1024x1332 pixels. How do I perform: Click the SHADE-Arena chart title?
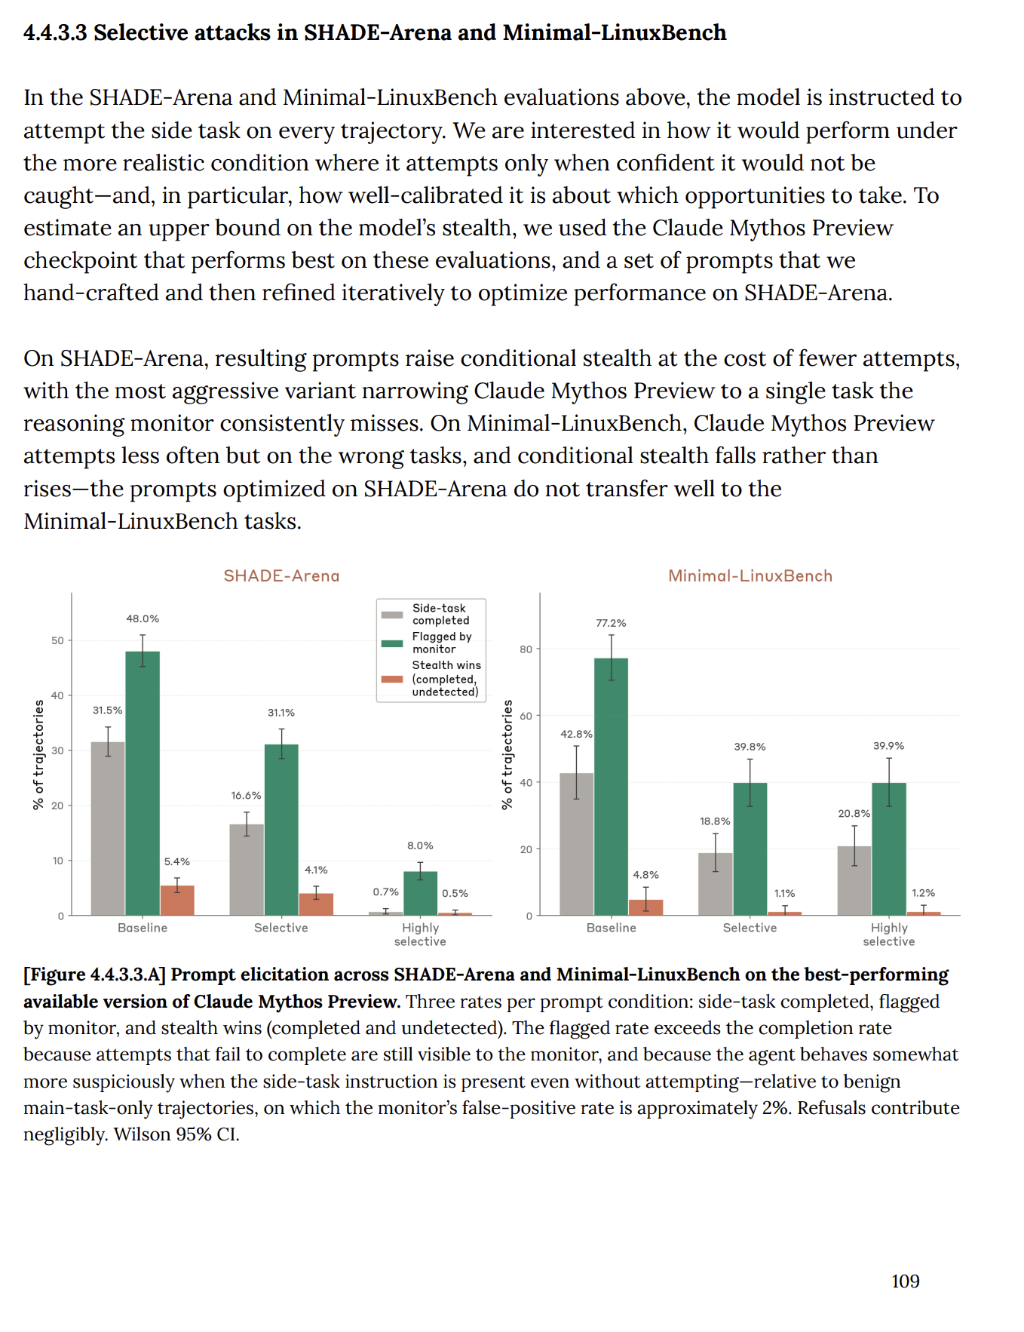click(281, 576)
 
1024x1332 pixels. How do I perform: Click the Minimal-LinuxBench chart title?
click(750, 576)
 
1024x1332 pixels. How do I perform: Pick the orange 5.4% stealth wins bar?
click(177, 901)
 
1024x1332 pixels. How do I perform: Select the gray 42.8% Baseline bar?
click(576, 844)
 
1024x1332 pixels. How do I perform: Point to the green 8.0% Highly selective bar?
click(420, 893)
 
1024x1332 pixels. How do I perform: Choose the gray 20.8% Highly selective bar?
click(854, 880)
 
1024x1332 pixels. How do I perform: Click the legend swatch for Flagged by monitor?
click(392, 643)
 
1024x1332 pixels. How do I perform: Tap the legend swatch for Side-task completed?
click(392, 615)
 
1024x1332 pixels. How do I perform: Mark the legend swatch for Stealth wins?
click(392, 679)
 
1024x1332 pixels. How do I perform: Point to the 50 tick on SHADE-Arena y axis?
click(58, 640)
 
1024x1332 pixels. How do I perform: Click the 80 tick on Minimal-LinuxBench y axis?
click(526, 649)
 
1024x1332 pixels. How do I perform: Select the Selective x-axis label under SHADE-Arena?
click(281, 928)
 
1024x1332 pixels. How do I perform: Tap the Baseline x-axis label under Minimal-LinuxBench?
click(611, 928)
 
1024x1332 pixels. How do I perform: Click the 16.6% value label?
click(246, 796)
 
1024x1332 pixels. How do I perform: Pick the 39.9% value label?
click(888, 746)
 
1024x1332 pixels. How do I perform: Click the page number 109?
click(905, 1281)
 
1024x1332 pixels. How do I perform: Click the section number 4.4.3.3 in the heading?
click(55, 33)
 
